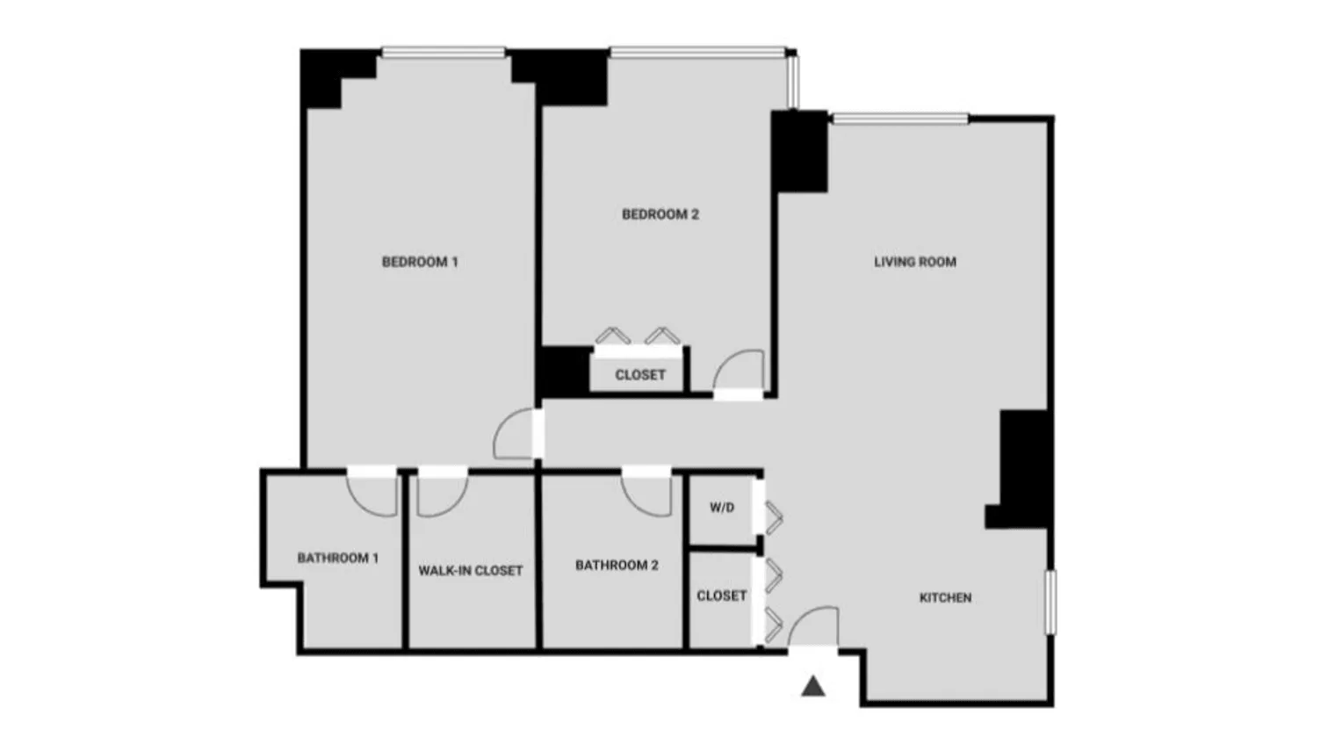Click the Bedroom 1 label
(x=420, y=262)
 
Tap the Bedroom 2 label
(x=660, y=214)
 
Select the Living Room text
(x=915, y=262)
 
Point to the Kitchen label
(x=945, y=598)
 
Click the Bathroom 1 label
(x=338, y=559)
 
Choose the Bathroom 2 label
(x=617, y=566)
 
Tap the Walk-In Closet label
(x=471, y=571)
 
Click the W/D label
(x=722, y=508)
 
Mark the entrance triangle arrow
(x=813, y=686)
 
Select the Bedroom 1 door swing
(x=516, y=435)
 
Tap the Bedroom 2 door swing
(x=738, y=372)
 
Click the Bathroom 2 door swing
(x=648, y=494)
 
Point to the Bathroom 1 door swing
(x=373, y=494)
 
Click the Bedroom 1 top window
(x=444, y=53)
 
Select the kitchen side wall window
(x=1050, y=602)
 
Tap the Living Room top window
(x=900, y=119)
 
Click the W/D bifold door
(x=773, y=518)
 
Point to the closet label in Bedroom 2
(x=640, y=375)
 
